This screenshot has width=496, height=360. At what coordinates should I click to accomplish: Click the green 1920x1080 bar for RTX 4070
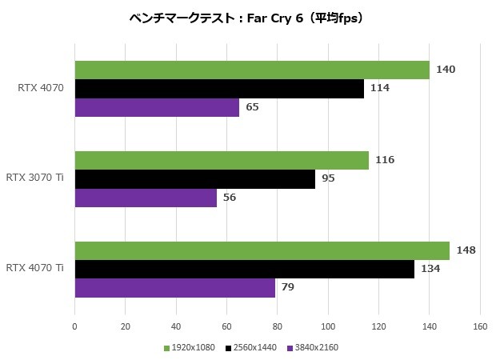pos(252,70)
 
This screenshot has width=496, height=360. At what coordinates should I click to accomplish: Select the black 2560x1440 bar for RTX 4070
pos(219,89)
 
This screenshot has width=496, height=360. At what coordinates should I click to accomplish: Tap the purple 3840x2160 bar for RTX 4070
pos(157,107)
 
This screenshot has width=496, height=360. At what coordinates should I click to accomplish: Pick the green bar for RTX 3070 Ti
pos(222,160)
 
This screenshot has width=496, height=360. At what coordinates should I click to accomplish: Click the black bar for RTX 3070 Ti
pos(195,178)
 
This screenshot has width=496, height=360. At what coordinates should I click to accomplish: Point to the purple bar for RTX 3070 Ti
pos(146,198)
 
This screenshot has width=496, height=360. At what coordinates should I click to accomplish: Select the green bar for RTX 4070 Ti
pos(262,250)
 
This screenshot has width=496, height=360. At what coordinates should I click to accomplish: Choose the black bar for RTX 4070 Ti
pos(245,269)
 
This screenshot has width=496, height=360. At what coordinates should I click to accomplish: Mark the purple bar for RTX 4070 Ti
pos(174,287)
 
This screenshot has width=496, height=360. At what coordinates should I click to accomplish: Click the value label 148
pos(466,250)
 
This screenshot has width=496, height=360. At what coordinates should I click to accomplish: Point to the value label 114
pos(380,88)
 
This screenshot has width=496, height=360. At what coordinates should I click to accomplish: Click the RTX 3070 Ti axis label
pos(35,178)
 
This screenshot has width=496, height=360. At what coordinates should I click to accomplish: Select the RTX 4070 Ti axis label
pos(35,269)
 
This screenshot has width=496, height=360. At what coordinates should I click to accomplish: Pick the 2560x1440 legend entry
pos(252,348)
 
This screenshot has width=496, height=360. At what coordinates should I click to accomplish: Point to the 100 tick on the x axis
pos(328,326)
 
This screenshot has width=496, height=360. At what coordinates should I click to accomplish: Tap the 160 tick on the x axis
pos(480,326)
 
